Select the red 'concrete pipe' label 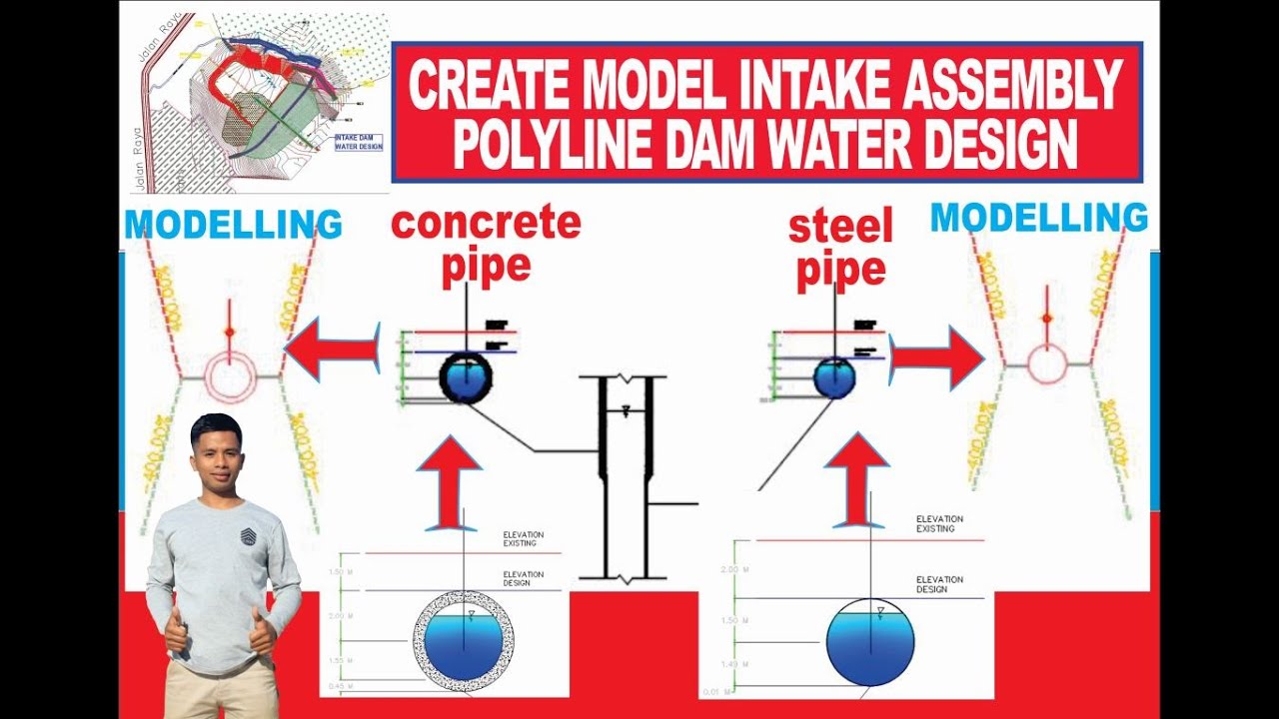click(x=486, y=245)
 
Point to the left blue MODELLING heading click(x=233, y=225)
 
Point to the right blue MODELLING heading click(x=1039, y=217)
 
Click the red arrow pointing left click(x=332, y=349)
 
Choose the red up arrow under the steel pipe click(x=856, y=479)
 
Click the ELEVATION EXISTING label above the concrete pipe click(x=520, y=539)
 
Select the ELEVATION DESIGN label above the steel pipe click(x=939, y=584)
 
